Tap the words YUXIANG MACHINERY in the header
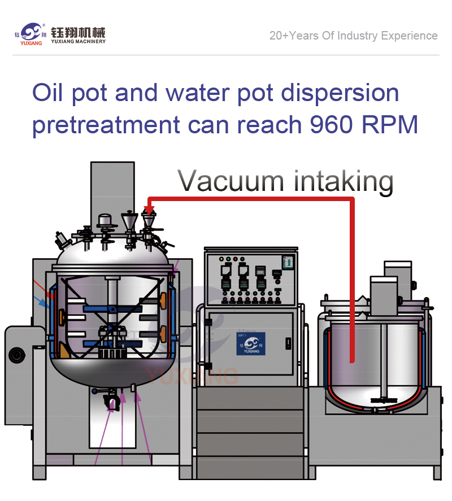[78, 41]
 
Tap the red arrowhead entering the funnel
[149, 208]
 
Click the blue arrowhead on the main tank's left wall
[44, 303]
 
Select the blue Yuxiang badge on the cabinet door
[251, 343]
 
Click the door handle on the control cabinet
[288, 343]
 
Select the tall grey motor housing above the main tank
[112, 189]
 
